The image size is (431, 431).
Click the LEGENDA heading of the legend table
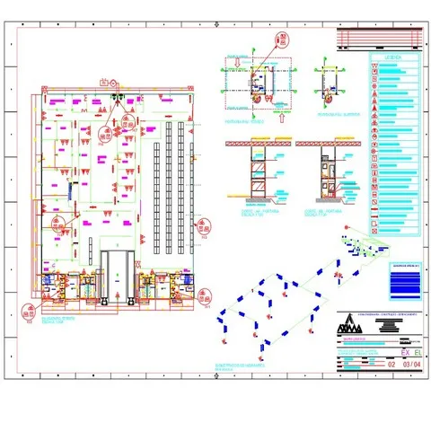[x=391, y=57]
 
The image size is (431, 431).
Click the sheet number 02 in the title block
[x=391, y=365]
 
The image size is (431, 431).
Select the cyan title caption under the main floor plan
[x=60, y=321]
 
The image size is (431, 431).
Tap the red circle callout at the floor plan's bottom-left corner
[x=27, y=313]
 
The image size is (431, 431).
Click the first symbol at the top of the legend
[x=374, y=67]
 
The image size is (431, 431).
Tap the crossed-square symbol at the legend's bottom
[x=374, y=206]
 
